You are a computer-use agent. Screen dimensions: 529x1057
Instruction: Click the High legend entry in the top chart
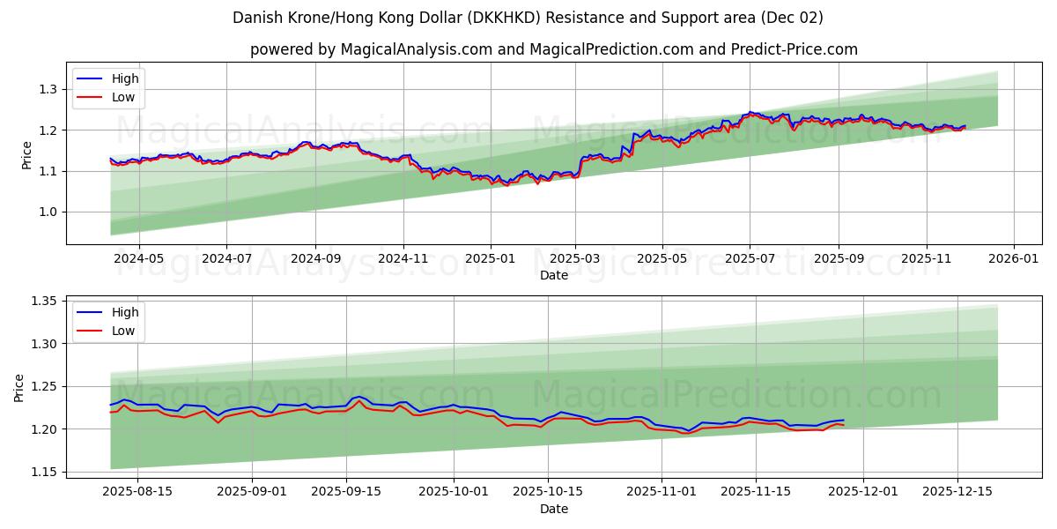pyautogui.click(x=124, y=78)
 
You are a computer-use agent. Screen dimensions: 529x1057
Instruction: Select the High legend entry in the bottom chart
pyautogui.click(x=124, y=312)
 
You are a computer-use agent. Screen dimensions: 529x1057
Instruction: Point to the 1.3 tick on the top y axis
pyautogui.click(x=48, y=89)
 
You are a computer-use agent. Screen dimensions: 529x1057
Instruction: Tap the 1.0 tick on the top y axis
pyautogui.click(x=48, y=212)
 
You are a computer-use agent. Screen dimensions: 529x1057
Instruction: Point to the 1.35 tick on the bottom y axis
pyautogui.click(x=44, y=302)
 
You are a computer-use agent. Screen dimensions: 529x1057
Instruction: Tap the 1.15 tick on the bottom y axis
pyautogui.click(x=44, y=472)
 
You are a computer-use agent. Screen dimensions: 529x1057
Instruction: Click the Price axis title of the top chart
pyautogui.click(x=26, y=153)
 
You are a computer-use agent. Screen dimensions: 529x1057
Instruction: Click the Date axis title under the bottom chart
pyautogui.click(x=554, y=509)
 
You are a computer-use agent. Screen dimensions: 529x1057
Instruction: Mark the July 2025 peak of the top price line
pyautogui.click(x=750, y=112)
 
